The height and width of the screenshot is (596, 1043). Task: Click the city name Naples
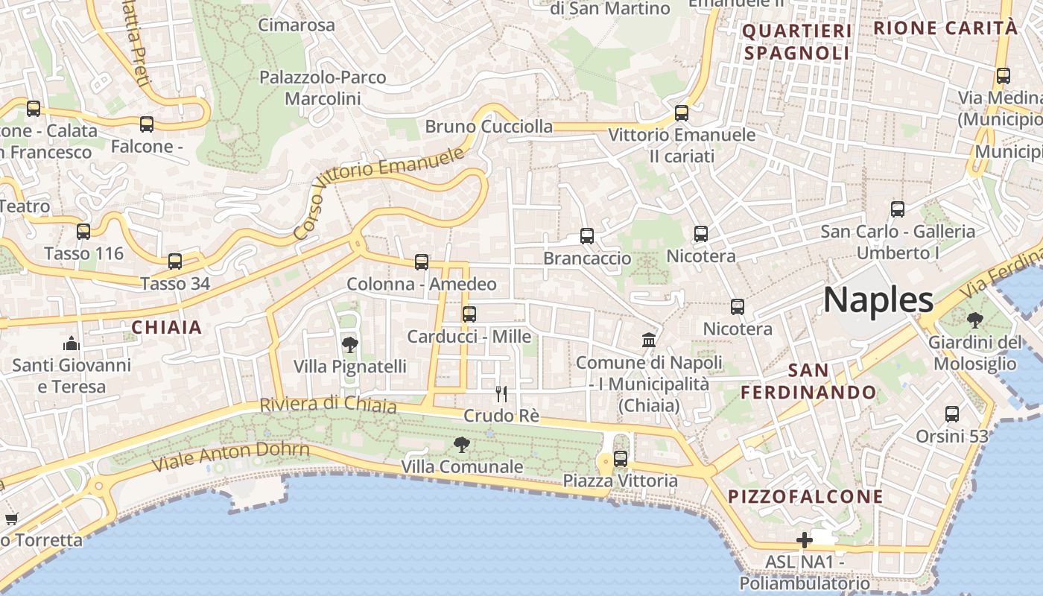click(878, 299)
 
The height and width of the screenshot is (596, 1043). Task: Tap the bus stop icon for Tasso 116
click(83, 232)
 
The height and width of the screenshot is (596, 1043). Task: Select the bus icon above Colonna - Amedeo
click(422, 262)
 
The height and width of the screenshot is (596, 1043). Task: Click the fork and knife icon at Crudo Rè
click(501, 393)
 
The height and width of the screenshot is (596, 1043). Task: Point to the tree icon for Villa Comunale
click(462, 445)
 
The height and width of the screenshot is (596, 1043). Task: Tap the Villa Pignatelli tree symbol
click(349, 344)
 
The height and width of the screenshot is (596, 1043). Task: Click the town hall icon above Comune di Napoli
click(649, 340)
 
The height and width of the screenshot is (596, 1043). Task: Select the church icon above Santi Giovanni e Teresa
click(72, 343)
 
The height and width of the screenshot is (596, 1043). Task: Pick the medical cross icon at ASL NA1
click(805, 540)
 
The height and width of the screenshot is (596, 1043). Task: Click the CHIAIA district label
click(167, 327)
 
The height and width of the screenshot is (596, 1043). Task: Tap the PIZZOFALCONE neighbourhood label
click(805, 497)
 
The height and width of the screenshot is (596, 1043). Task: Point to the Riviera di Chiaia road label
click(328, 405)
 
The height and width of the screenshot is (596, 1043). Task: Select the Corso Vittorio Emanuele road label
click(379, 192)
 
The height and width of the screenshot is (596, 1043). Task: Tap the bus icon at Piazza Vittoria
click(621, 459)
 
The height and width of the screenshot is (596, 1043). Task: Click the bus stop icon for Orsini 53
click(952, 414)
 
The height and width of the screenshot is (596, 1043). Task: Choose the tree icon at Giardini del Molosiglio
click(974, 321)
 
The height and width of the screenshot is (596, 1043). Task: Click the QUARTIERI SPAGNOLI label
click(797, 42)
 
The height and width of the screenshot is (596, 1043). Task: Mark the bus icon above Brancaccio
click(587, 236)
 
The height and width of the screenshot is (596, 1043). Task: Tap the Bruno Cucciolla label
click(489, 127)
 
